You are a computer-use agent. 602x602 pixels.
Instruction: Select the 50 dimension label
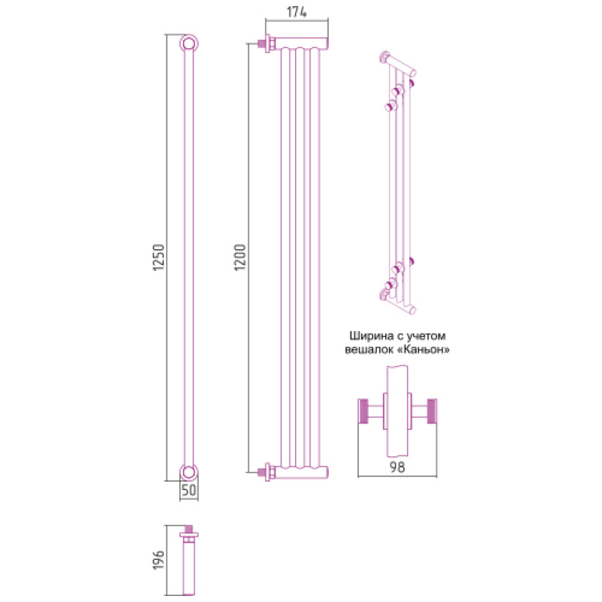[189, 490]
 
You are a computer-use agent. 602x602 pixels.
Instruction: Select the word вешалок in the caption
[369, 351]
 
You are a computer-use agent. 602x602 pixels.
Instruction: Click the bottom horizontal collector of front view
[299, 473]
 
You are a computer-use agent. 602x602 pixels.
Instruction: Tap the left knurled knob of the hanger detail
[363, 412]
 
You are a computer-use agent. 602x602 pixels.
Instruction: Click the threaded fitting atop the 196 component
[189, 531]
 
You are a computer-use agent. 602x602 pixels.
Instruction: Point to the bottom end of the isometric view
[399, 299]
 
